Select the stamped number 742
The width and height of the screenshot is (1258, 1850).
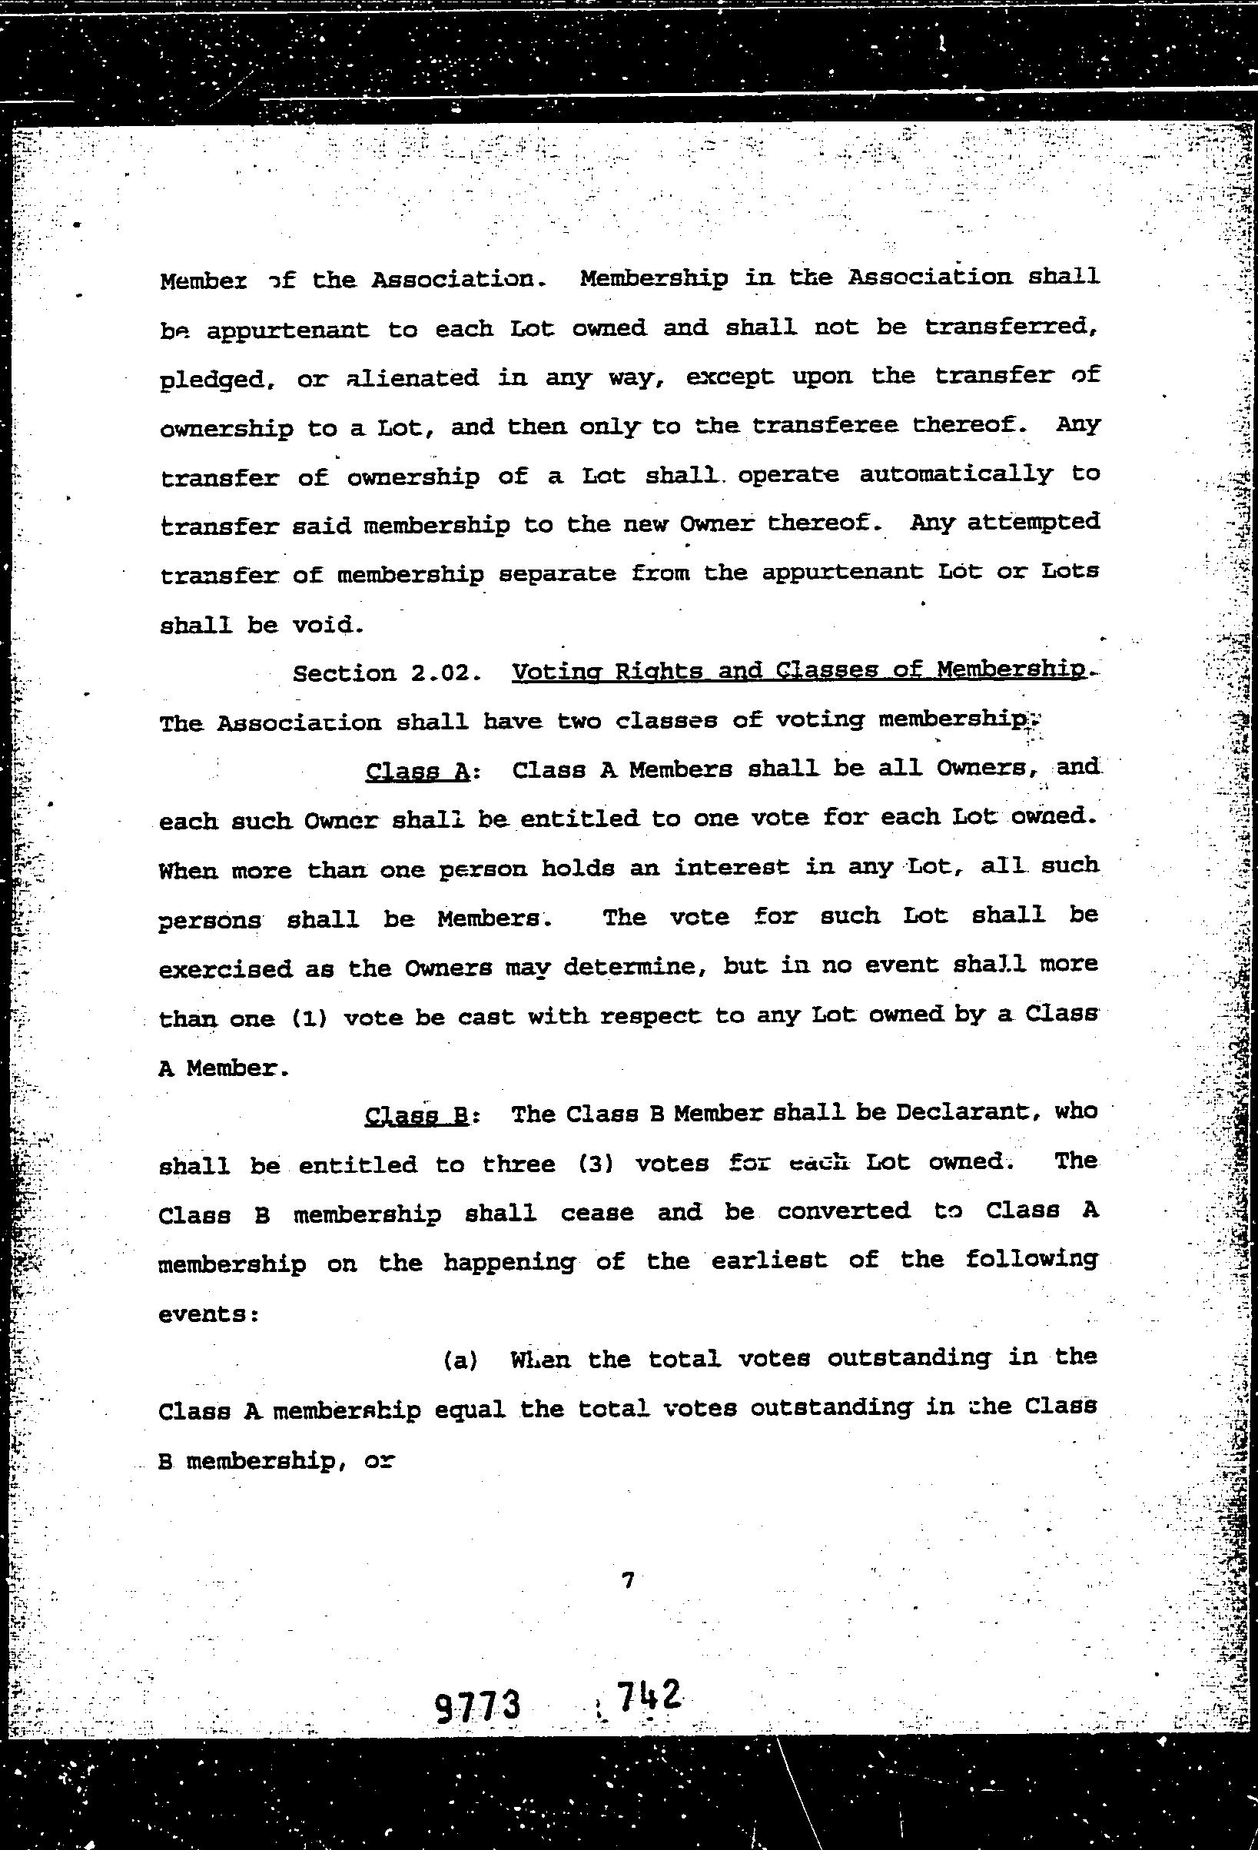pos(648,1696)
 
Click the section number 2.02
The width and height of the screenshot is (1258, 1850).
pos(445,673)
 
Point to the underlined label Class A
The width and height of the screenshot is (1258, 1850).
pos(417,771)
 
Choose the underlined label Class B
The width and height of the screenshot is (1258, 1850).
pos(417,1115)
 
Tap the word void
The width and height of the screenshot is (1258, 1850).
pos(328,625)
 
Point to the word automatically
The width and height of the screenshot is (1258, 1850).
pos(956,474)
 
